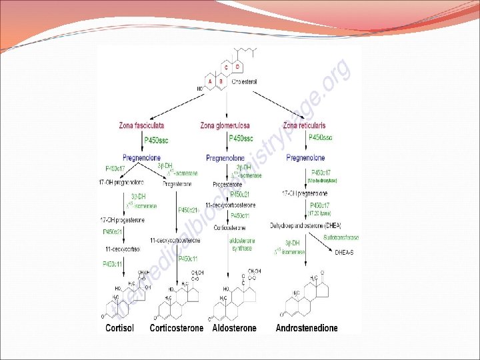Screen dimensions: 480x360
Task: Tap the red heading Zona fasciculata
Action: pos(141,125)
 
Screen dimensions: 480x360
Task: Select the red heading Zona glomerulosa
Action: pos(225,125)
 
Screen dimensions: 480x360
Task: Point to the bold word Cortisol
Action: pos(120,328)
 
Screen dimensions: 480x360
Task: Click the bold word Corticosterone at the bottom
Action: pos(176,328)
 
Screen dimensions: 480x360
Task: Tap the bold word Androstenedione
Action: pos(307,328)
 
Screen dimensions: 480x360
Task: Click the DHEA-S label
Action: pos(346,253)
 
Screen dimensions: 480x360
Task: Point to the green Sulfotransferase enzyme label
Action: pos(341,237)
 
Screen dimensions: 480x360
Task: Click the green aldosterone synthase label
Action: pos(240,244)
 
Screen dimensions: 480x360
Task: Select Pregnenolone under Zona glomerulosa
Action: pos(227,158)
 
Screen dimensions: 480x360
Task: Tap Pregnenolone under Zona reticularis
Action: pos(305,158)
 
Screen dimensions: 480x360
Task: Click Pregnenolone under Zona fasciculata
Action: pos(141,158)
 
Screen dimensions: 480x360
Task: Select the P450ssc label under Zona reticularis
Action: pos(321,138)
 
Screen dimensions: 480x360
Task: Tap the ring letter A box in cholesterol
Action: pos(210,81)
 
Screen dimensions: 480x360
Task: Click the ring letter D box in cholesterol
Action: pos(238,67)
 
